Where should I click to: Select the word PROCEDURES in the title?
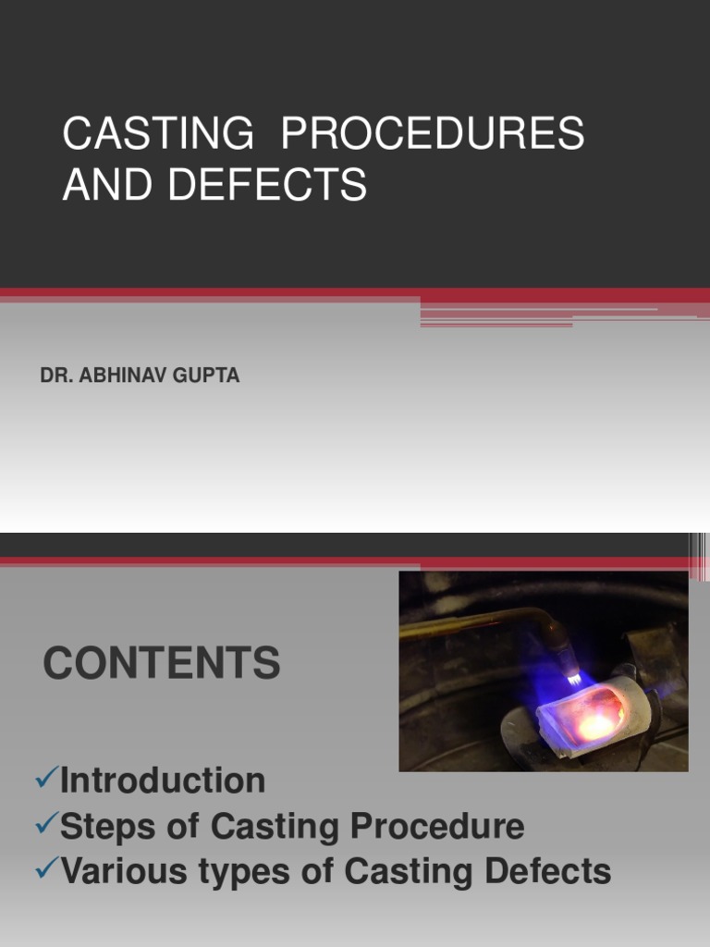tap(433, 135)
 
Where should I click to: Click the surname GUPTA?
tap(212, 376)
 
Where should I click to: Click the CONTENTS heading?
tap(162, 663)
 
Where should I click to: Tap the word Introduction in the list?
tap(163, 781)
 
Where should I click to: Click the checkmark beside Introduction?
tap(45, 780)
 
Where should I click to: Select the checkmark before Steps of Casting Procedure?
tap(45, 825)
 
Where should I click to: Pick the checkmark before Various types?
tap(45, 870)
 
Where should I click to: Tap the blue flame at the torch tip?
tap(574, 676)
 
